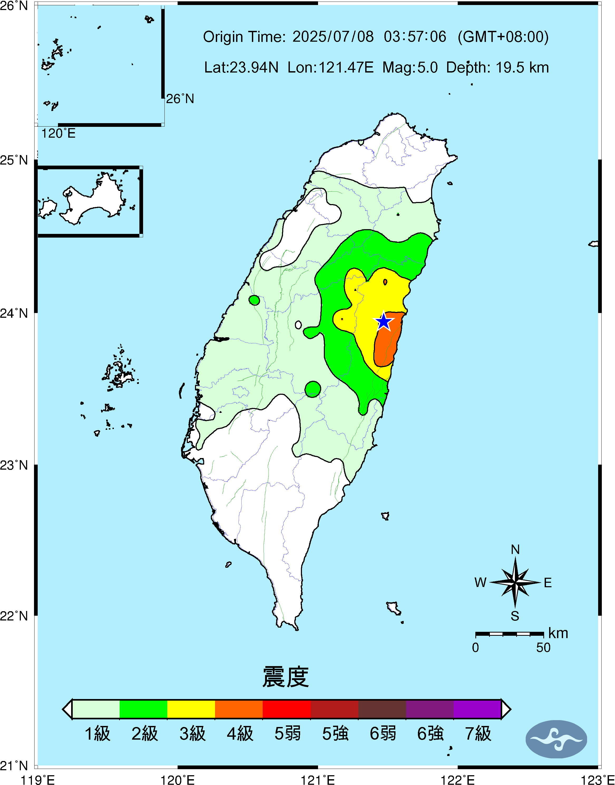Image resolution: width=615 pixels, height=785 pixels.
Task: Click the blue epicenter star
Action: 384,321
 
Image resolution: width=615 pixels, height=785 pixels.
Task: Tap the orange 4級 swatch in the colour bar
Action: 239,709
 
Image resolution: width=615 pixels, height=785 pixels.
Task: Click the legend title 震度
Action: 286,677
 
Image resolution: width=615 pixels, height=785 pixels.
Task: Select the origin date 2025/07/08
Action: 333,37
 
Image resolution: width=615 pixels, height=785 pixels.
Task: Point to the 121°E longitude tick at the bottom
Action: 318,780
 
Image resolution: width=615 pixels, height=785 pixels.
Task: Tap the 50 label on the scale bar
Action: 543,648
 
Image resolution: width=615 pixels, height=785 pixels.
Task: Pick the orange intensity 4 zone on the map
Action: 387,342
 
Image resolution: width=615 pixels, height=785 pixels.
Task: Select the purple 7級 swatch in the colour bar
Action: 477,709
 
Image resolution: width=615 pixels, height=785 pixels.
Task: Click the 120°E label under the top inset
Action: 58,134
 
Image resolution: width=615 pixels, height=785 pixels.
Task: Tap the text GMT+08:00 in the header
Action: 503,37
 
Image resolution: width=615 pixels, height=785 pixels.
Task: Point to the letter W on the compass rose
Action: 480,582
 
